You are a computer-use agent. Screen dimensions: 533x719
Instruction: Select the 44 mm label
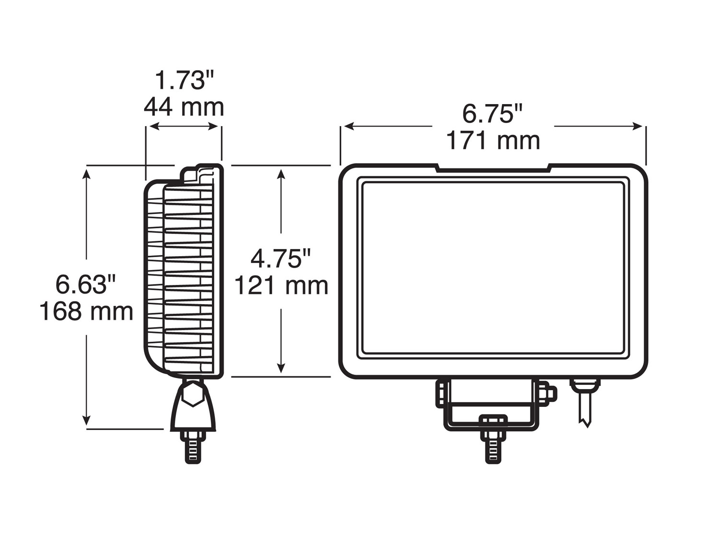[x=184, y=107]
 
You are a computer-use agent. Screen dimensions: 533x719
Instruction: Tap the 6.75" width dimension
[x=492, y=114]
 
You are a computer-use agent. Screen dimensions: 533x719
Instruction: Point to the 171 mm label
[x=493, y=141]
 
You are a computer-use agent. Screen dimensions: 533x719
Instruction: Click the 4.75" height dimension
[x=281, y=259]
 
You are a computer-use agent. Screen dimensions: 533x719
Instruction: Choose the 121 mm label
[x=281, y=286]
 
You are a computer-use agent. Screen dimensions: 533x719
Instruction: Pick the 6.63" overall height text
[x=86, y=284]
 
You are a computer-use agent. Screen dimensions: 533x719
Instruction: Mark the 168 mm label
[x=86, y=311]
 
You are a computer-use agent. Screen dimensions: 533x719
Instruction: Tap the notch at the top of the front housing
[x=493, y=169]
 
